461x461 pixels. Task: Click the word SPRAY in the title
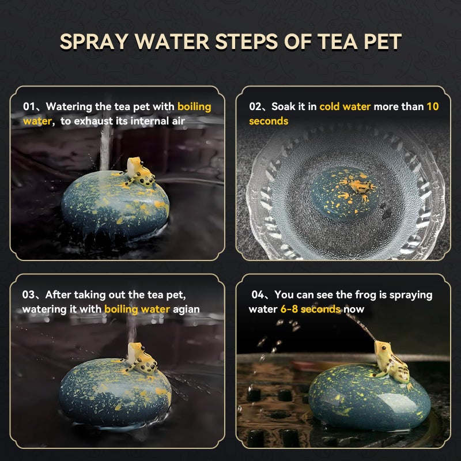pos(94,41)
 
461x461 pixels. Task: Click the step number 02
pos(255,107)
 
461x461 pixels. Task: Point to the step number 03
pos(28,294)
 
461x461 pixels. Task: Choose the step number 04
pos(258,294)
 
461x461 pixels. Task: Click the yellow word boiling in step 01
pos(194,107)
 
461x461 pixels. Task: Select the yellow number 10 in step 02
pos(433,107)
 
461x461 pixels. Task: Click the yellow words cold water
pos(345,107)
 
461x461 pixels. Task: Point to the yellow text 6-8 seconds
pos(310,309)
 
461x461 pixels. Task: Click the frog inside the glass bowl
pos(356,188)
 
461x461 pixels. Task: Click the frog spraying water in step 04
pos(391,362)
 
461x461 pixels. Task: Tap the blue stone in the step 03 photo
pos(115,392)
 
